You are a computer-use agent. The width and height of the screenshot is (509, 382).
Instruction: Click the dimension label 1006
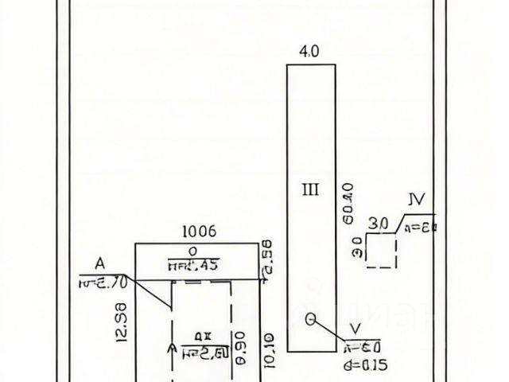[200, 232]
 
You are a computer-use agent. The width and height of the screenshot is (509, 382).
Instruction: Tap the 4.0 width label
[309, 53]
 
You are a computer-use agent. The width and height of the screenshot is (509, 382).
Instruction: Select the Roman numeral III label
[311, 189]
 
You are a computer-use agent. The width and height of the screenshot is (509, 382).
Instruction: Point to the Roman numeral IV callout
[415, 199]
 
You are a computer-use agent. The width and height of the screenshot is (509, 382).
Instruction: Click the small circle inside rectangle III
[311, 320]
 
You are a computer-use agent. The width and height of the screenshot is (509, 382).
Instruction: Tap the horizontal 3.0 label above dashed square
[379, 224]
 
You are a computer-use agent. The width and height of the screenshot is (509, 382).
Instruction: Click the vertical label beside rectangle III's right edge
[347, 204]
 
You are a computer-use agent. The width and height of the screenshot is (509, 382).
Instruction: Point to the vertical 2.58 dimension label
[267, 259]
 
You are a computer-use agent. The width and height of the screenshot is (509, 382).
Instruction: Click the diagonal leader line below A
[155, 294]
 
